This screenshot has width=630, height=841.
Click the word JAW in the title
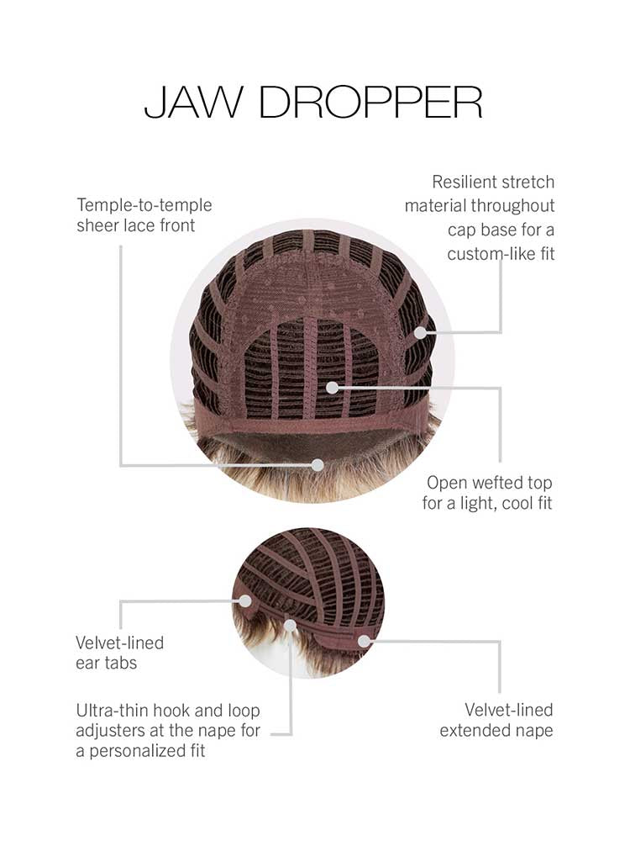193,102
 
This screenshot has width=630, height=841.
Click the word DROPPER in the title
370,102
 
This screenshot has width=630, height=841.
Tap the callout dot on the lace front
318,465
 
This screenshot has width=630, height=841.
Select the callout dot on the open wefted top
332,387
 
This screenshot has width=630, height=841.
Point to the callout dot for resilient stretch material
421,332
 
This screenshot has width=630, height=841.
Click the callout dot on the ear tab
244,600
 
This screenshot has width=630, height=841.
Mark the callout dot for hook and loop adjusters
291,626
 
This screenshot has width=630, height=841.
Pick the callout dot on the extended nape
365,641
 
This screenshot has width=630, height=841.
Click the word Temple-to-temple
144,205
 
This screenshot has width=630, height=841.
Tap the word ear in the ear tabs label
86,664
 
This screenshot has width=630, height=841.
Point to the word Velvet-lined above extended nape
508,710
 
